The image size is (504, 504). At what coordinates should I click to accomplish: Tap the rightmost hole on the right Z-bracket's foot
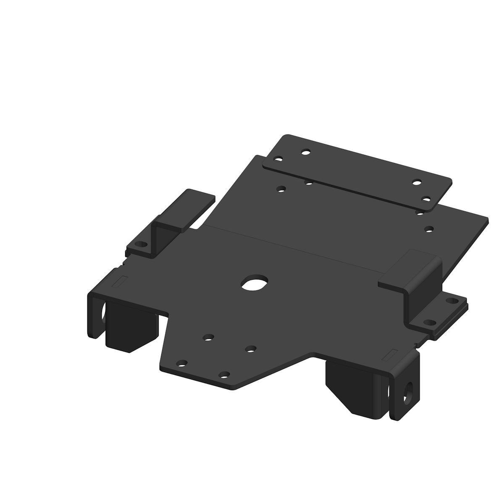point(451,301)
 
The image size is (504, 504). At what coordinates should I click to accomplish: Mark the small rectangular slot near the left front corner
point(122,281)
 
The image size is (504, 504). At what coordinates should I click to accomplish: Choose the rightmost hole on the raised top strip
point(426,199)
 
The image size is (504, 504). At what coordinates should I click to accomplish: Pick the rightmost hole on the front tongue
point(251,348)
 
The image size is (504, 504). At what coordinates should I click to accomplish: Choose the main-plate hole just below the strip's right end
point(429,229)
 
